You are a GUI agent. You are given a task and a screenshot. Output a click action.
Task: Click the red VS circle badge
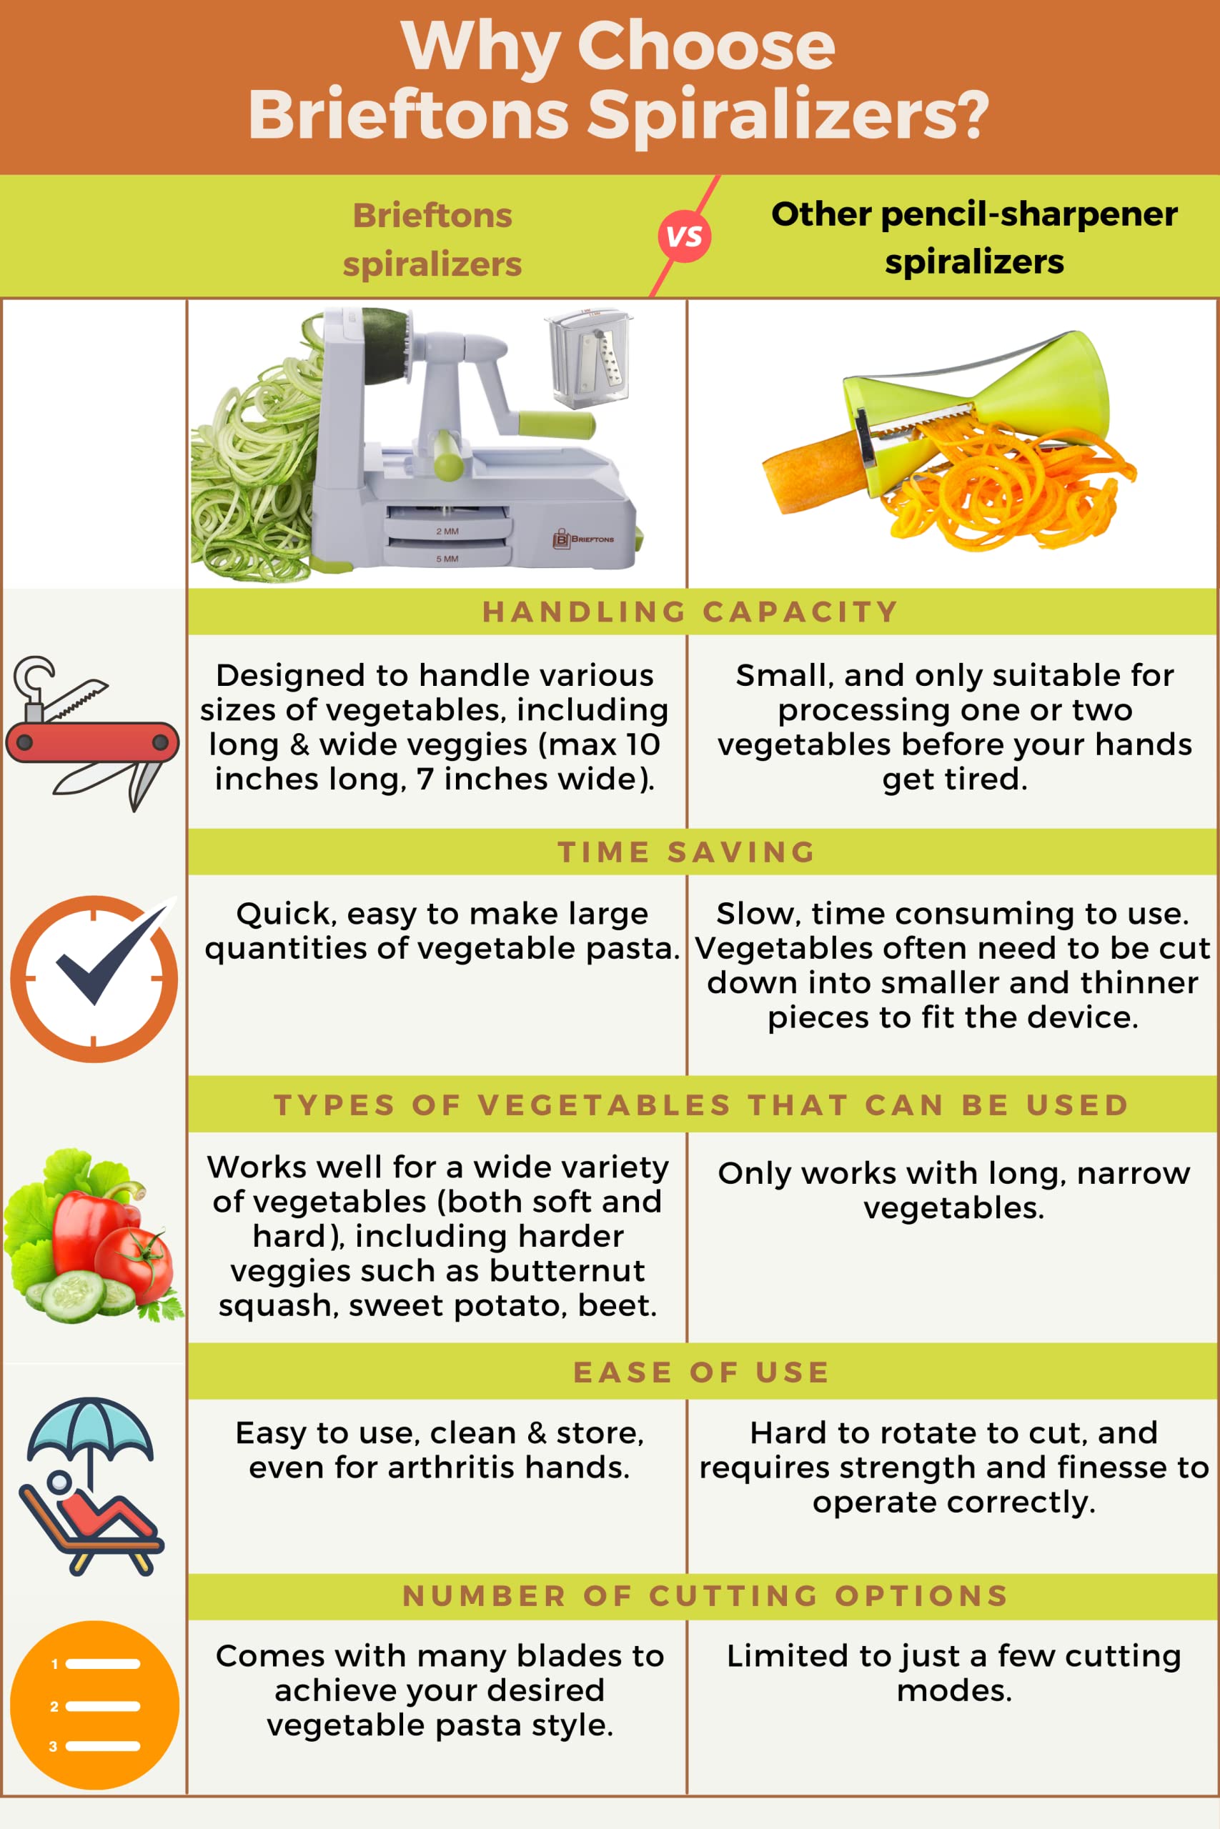684,236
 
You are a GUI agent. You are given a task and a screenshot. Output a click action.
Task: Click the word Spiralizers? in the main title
788,114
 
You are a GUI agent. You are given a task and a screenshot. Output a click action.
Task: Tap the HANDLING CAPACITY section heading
690,612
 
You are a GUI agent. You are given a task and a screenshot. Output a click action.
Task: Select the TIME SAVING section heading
686,852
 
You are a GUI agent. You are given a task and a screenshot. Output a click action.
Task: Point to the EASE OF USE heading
700,1372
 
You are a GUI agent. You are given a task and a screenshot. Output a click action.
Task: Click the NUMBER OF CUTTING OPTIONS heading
705,1595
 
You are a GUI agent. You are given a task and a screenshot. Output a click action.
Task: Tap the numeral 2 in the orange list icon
54,1706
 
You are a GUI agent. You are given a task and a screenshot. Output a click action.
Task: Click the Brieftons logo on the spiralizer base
582,538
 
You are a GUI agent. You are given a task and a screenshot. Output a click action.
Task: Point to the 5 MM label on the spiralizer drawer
447,558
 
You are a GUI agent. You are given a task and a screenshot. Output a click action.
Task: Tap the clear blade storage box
587,359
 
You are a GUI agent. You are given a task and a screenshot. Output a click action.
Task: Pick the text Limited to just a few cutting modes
954,1672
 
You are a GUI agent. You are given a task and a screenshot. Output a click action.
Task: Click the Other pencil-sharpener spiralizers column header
973,237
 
